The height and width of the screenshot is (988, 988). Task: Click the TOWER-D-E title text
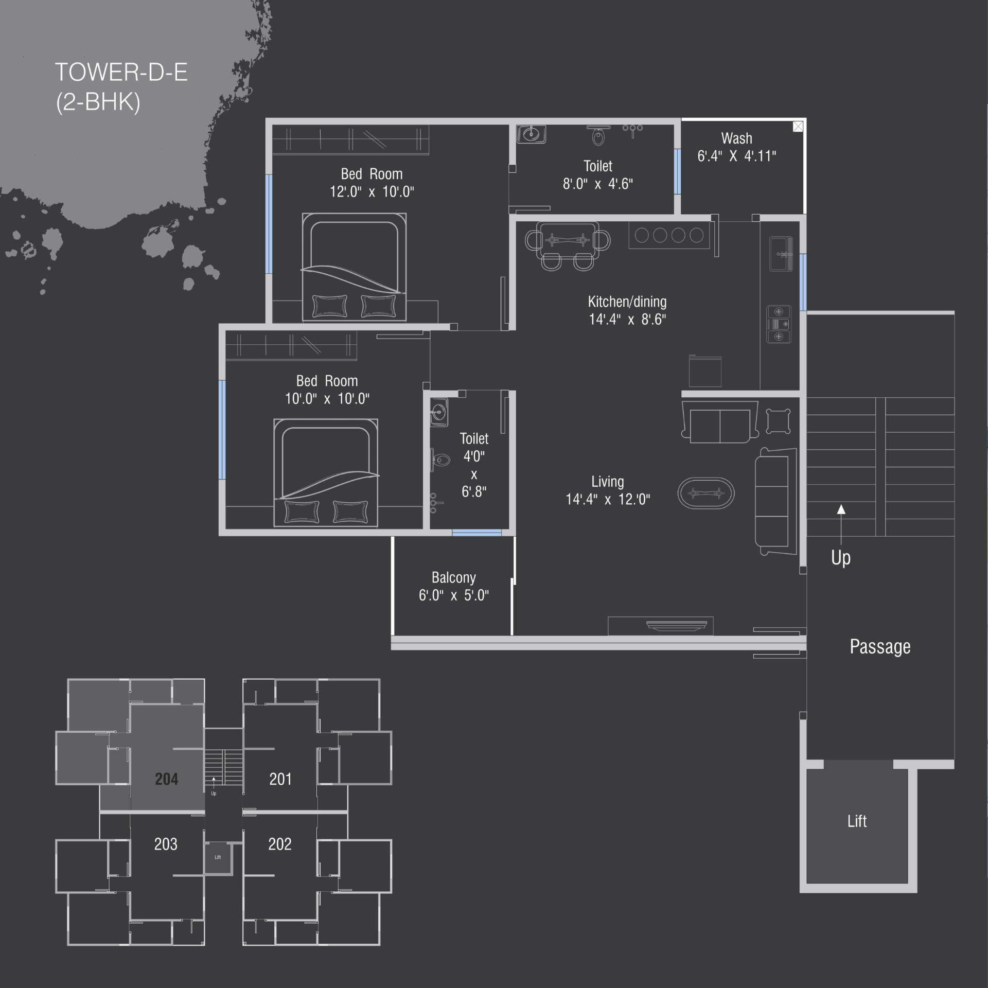pos(121,72)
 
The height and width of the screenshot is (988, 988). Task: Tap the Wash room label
pos(736,138)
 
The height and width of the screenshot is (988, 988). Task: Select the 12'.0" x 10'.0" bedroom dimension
pos(372,192)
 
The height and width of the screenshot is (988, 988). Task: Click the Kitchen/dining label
pos(627,302)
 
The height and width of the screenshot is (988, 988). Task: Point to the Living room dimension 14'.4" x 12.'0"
pos(608,499)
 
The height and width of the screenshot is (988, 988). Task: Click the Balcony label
pos(453,577)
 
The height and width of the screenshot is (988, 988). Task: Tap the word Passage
pos(880,646)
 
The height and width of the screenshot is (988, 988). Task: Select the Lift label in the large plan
pos(857,821)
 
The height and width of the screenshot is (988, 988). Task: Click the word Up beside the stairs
pos(841,557)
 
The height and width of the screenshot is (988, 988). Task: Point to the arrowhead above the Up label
pos(841,509)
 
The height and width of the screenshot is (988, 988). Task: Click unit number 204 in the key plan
pos(166,779)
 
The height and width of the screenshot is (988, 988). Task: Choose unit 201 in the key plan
pos(280,779)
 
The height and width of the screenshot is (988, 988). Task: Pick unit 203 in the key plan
pos(166,844)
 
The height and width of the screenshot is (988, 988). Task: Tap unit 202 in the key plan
pos(280,844)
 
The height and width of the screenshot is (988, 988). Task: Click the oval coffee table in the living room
pos(706,493)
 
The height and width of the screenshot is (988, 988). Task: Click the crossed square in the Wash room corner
pos(798,127)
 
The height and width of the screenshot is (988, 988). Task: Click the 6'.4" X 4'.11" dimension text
pos(736,156)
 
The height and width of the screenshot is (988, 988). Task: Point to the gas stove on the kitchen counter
pos(779,324)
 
